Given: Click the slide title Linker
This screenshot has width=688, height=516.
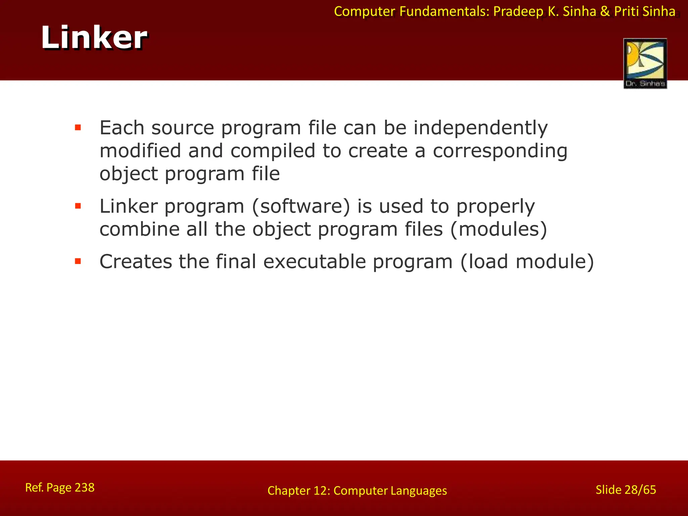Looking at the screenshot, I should [x=94, y=38].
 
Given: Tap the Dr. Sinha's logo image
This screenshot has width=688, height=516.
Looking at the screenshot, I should [x=645, y=63].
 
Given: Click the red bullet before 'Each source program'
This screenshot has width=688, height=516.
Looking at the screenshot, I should [x=78, y=127].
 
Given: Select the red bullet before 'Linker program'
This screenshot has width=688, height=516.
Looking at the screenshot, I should [x=78, y=206].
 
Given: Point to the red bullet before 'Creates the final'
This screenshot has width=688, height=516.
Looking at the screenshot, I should [x=78, y=261].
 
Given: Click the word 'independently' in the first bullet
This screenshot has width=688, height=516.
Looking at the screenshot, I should [x=480, y=128].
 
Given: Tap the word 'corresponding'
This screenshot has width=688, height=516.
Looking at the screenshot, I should [x=500, y=151].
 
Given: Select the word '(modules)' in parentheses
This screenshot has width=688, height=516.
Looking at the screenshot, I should [x=499, y=229].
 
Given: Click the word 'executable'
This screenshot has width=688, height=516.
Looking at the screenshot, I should [x=314, y=262].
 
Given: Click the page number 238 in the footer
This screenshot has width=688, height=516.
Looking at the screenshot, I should [x=84, y=487].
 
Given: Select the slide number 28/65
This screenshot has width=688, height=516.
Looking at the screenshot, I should [x=635, y=490].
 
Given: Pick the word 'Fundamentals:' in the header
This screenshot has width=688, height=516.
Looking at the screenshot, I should [x=444, y=12].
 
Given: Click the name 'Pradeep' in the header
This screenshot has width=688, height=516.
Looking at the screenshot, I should [x=518, y=12].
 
